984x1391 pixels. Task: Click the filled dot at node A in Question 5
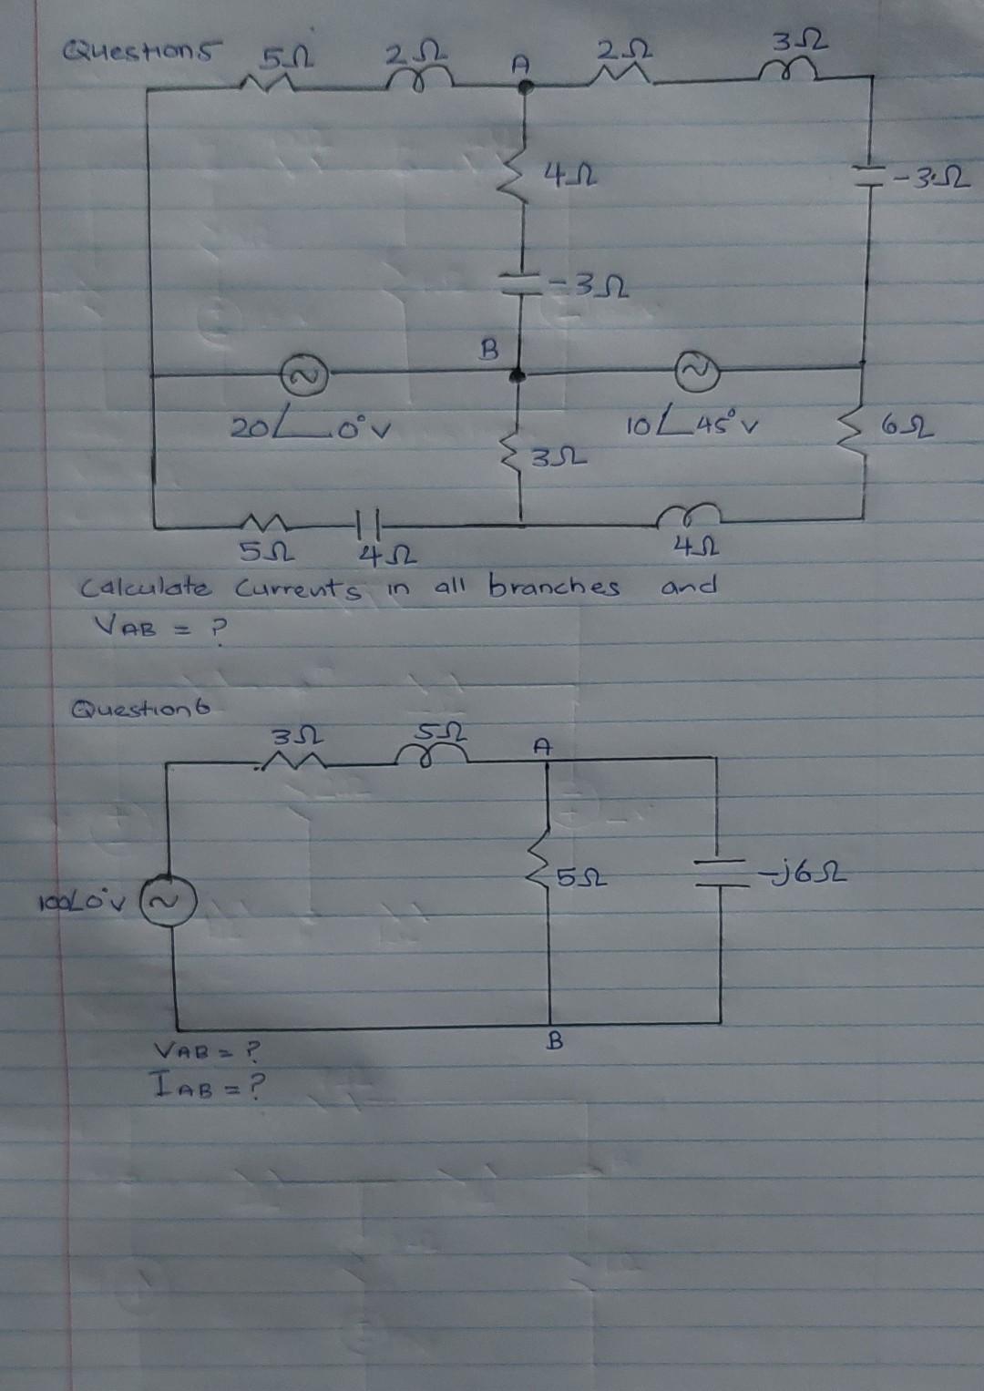coord(526,87)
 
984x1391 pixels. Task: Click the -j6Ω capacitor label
coord(804,876)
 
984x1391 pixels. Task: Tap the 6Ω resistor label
coord(910,428)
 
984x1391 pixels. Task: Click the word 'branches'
coord(555,587)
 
